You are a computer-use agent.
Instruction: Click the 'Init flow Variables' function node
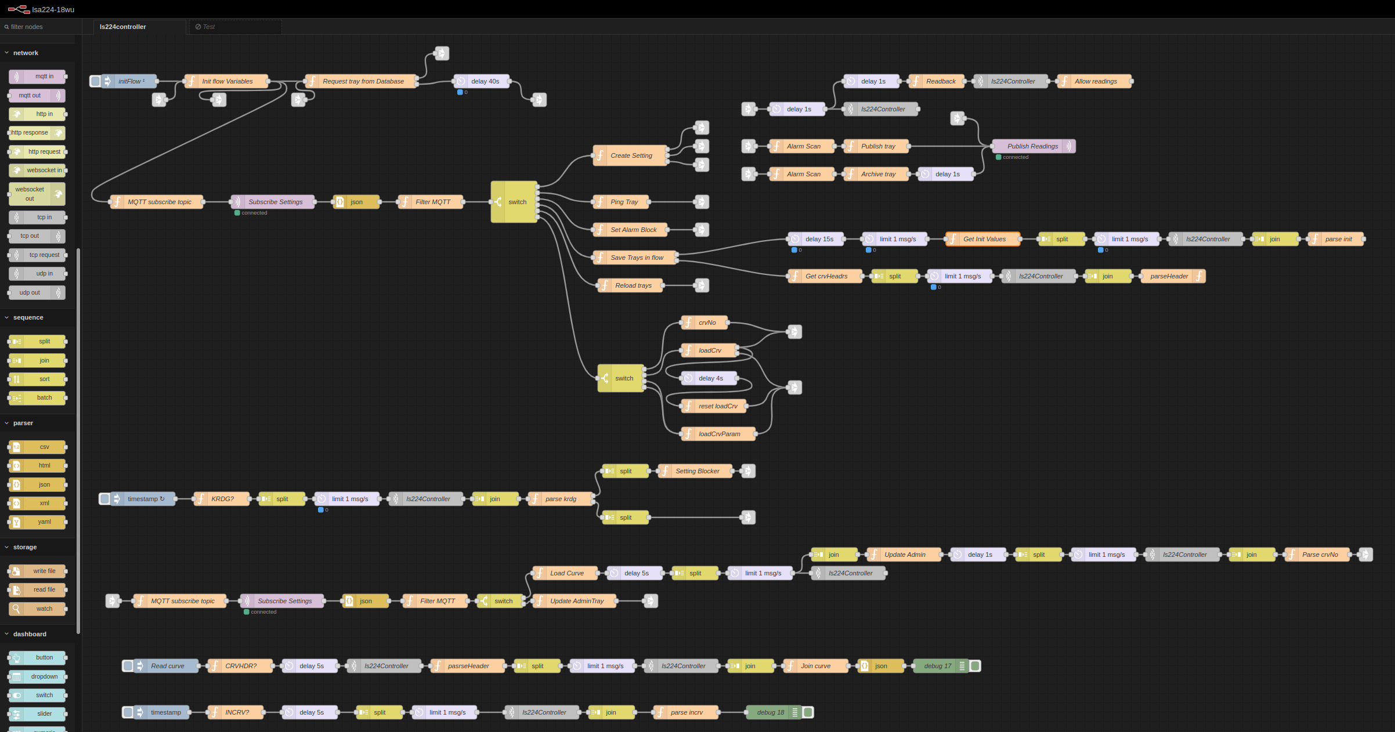click(227, 81)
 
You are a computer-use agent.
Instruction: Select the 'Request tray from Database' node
click(363, 81)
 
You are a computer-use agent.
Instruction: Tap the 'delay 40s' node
click(485, 81)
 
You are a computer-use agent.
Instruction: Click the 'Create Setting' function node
click(631, 155)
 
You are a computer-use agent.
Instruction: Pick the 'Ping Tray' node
click(624, 202)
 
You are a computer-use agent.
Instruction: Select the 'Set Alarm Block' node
click(633, 230)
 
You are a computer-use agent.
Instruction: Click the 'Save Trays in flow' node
click(637, 258)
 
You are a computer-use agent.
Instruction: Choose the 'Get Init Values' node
click(984, 239)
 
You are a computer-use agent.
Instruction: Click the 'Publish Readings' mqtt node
click(1032, 146)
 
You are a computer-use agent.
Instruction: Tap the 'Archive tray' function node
click(878, 174)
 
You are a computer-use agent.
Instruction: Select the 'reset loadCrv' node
click(718, 406)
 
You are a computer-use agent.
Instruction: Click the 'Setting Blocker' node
click(697, 471)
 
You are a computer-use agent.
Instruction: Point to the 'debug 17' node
click(938, 666)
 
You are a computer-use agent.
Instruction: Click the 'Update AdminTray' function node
click(577, 601)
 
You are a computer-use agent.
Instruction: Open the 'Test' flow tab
click(209, 27)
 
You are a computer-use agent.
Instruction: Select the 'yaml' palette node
click(44, 522)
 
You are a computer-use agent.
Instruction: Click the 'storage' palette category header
click(25, 547)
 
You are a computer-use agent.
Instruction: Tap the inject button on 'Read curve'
click(128, 666)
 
